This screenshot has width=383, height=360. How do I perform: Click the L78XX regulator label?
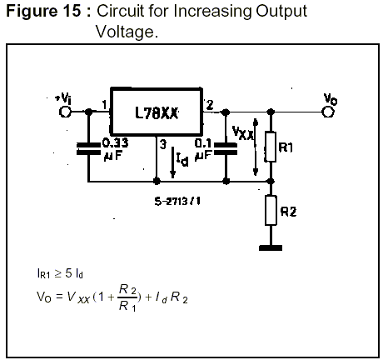[x=157, y=113]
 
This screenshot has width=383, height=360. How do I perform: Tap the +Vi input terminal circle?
[x=65, y=112]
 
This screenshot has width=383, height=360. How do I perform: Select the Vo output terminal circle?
[x=328, y=112]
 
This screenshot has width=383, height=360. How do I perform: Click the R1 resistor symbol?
[x=271, y=147]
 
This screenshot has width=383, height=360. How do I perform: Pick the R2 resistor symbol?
[x=271, y=210]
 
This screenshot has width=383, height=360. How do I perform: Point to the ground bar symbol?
[x=271, y=247]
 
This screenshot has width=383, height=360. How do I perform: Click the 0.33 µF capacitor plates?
[x=88, y=148]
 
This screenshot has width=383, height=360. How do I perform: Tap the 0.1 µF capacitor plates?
[x=226, y=148]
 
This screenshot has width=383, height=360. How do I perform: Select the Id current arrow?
[x=172, y=162]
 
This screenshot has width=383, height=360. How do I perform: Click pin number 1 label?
[x=104, y=105]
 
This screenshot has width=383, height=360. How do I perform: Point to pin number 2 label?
[x=210, y=105]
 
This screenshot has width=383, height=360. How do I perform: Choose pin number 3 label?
[x=163, y=144]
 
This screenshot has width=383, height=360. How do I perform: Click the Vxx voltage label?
[x=242, y=132]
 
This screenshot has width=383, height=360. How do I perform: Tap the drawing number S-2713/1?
[x=177, y=201]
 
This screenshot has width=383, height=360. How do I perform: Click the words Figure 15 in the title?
[x=43, y=12]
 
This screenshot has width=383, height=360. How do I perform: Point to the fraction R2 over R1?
[x=127, y=297]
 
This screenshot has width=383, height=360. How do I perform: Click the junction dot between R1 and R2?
[x=271, y=182]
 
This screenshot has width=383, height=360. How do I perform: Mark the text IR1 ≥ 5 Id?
[x=60, y=274]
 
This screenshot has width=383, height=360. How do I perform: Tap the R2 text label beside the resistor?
[x=288, y=212]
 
